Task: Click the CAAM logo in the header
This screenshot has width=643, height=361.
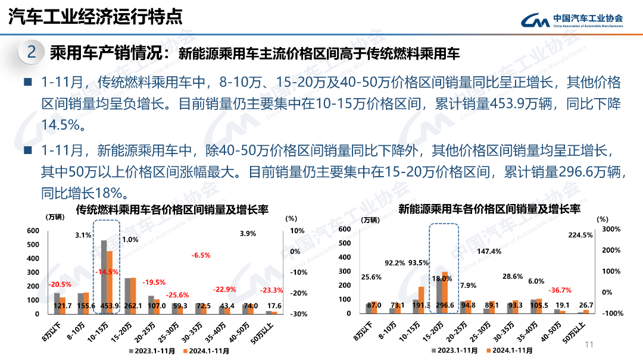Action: [572, 21]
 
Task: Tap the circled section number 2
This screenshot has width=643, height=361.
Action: [32, 53]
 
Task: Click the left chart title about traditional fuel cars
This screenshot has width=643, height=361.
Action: [172, 210]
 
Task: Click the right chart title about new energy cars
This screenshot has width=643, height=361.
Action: [489, 209]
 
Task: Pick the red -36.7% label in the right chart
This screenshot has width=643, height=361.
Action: [560, 291]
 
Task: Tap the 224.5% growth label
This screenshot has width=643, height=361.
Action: [580, 235]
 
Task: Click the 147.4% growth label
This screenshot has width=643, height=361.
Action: [489, 252]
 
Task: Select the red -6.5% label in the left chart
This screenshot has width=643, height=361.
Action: [201, 255]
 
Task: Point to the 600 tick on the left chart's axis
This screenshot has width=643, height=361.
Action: [33, 231]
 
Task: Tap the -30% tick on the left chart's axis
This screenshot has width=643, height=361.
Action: [298, 314]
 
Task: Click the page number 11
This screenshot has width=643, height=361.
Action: [591, 345]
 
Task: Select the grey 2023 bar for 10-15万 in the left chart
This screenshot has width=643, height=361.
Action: [104, 277]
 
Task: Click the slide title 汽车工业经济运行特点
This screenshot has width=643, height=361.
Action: [95, 17]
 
